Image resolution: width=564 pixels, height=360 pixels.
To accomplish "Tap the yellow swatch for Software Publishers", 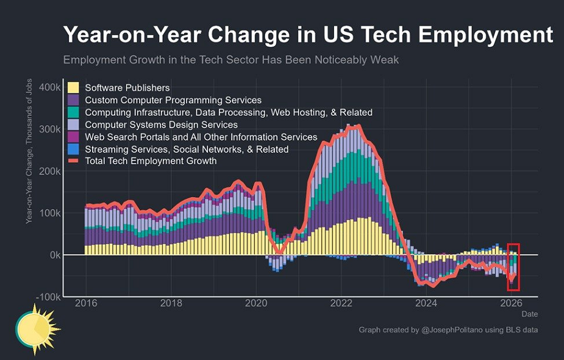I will pyautogui.click(x=73, y=88).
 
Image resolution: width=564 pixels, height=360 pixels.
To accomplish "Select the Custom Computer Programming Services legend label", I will pyautogui.click(x=173, y=100).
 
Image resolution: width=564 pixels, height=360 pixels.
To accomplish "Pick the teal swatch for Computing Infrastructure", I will pyautogui.click(x=73, y=112).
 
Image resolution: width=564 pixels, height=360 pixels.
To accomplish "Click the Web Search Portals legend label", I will pyautogui.click(x=201, y=137).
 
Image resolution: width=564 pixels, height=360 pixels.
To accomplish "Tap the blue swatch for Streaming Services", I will pyautogui.click(x=73, y=149).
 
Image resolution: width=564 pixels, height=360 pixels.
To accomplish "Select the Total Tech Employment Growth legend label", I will pyautogui.click(x=151, y=161).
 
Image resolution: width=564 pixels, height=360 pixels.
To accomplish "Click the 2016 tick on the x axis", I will pyautogui.click(x=85, y=303).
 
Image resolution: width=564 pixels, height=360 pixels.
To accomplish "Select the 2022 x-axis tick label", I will pyautogui.click(x=341, y=303).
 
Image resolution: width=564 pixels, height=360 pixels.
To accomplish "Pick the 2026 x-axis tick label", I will pyautogui.click(x=511, y=303).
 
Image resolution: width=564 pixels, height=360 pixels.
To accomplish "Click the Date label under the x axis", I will pyautogui.click(x=529, y=314).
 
